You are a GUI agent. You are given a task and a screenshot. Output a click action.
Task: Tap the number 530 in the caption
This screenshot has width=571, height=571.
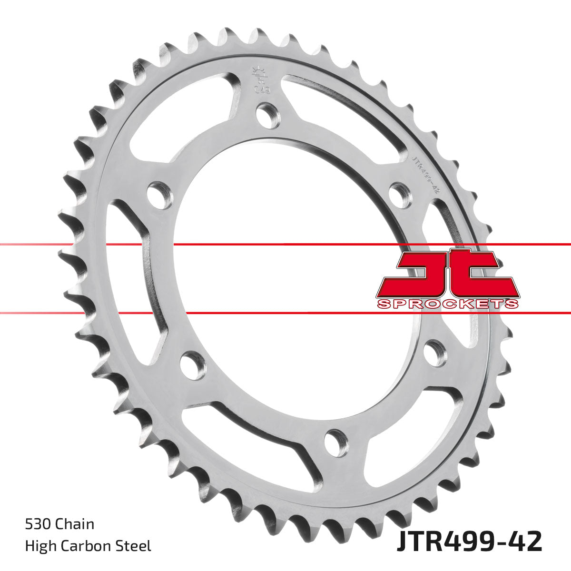[38, 524]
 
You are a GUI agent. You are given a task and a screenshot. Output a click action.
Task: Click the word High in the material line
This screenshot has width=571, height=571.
[39, 546]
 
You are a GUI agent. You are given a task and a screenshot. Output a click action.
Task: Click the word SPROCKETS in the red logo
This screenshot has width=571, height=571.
[447, 304]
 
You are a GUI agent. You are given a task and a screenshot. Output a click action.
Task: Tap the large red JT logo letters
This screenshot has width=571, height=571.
[447, 274]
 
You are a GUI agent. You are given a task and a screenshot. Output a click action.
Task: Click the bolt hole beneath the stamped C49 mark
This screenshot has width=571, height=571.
[268, 115]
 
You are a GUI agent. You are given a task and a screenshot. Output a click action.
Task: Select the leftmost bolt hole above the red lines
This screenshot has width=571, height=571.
[159, 195]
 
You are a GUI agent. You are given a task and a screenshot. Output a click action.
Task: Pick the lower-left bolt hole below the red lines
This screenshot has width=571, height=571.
[193, 365]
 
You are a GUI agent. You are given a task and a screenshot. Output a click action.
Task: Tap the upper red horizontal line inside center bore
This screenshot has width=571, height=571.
[285, 245]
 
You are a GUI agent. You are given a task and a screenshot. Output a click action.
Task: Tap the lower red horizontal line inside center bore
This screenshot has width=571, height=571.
[285, 313]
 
